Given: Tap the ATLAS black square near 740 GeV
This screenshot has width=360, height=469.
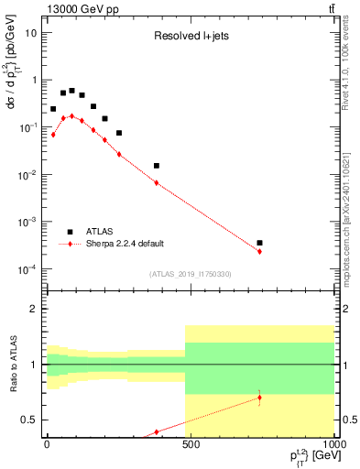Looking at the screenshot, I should coord(260,243).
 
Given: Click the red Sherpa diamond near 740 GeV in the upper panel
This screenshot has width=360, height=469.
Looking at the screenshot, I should coord(260,251).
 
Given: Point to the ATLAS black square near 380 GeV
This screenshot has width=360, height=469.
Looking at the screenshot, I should coord(157,166).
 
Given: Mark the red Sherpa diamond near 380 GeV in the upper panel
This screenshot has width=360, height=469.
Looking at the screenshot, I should coord(157,183).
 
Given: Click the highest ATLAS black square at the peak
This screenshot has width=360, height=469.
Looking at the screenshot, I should coord(71,91).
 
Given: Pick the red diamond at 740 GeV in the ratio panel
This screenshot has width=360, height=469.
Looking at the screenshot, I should coord(260,398).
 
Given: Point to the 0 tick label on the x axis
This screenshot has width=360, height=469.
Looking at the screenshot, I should coord(47,442).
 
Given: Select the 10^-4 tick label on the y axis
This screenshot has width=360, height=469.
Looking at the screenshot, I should coord(28,269).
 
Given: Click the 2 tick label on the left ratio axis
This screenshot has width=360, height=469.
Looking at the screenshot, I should coord(36,310).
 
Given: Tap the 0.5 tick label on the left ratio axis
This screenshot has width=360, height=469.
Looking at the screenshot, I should coord(31,420).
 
